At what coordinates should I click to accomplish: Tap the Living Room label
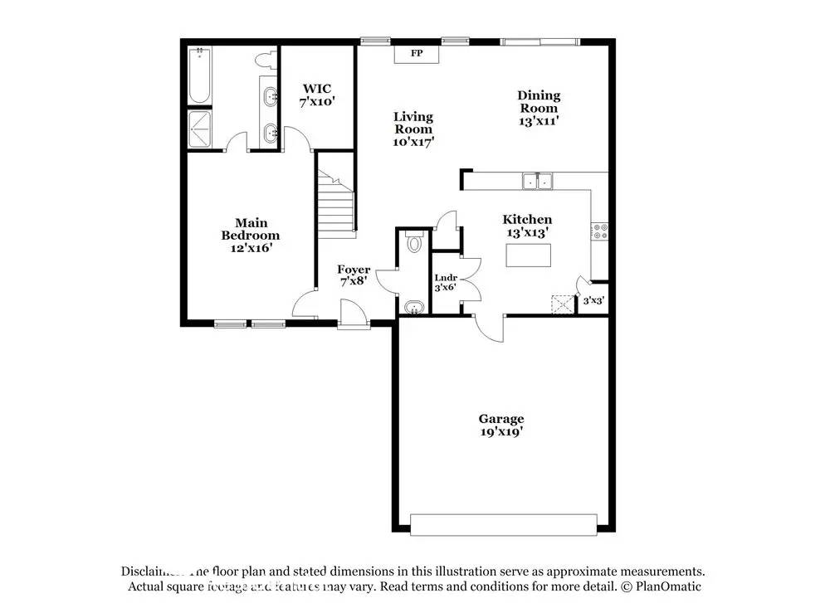coord(413,129)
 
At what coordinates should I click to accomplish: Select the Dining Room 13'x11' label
coord(539,108)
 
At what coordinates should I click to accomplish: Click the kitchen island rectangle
coord(529,256)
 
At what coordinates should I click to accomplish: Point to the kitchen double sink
coord(537,181)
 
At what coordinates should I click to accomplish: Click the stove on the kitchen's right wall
coord(598,231)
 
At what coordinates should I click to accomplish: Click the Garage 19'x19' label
coord(500,425)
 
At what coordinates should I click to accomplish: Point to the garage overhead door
coord(503,524)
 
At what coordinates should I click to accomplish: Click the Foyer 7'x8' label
coord(354,275)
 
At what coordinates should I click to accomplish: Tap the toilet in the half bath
coord(415,242)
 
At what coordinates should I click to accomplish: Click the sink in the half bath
coord(413,307)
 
